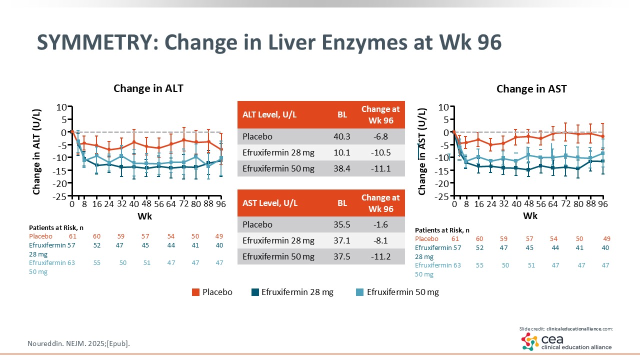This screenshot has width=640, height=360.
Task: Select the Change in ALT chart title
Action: click(x=148, y=88)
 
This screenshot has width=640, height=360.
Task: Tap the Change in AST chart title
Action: click(x=531, y=89)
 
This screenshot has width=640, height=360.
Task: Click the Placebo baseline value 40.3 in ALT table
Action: click(x=342, y=136)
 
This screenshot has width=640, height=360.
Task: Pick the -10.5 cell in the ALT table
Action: click(x=380, y=152)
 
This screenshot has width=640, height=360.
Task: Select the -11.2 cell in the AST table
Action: click(x=380, y=256)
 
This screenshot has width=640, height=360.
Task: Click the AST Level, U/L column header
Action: click(x=270, y=203)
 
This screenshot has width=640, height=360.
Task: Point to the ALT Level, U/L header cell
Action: click(x=270, y=114)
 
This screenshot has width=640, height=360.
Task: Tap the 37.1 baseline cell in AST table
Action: click(x=342, y=240)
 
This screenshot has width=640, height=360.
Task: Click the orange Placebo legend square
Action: click(x=196, y=292)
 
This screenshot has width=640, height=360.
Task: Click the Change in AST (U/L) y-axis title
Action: click(x=422, y=151)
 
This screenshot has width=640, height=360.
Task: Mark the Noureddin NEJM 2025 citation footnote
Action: click(x=81, y=343)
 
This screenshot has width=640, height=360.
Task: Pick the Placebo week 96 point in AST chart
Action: click(x=603, y=136)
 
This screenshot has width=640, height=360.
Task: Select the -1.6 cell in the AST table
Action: click(x=380, y=224)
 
